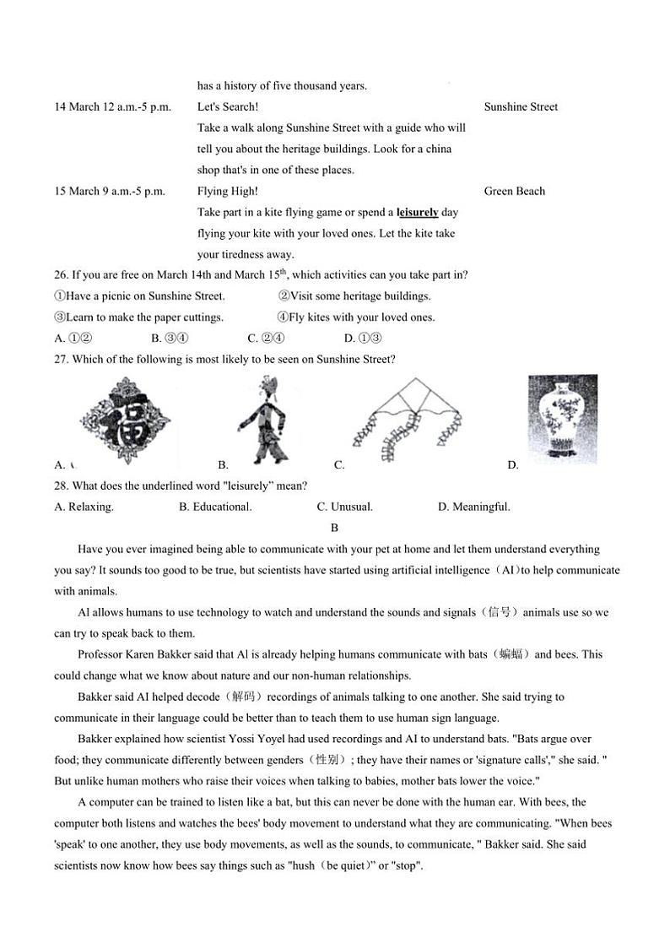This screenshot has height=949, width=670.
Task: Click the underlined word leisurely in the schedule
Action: click(x=418, y=213)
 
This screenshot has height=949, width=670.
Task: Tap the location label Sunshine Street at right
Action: click(x=521, y=107)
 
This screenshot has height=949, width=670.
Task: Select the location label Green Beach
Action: click(x=515, y=192)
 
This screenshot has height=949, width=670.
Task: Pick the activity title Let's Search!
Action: click(x=228, y=107)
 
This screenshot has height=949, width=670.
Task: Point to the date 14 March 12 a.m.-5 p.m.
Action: click(x=112, y=107)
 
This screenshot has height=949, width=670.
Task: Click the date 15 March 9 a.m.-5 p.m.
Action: click(x=110, y=192)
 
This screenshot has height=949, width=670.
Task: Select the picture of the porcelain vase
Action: click(x=562, y=420)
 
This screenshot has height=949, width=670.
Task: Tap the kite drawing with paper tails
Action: click(x=407, y=420)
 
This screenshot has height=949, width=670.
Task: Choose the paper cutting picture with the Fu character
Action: click(x=125, y=420)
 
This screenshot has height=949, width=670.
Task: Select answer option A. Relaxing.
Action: click(x=84, y=507)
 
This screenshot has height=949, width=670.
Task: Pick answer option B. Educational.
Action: click(x=215, y=507)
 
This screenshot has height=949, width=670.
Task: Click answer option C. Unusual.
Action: click(x=345, y=507)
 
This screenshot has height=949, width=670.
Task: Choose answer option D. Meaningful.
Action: click(x=474, y=507)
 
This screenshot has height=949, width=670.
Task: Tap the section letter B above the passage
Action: click(x=335, y=529)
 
